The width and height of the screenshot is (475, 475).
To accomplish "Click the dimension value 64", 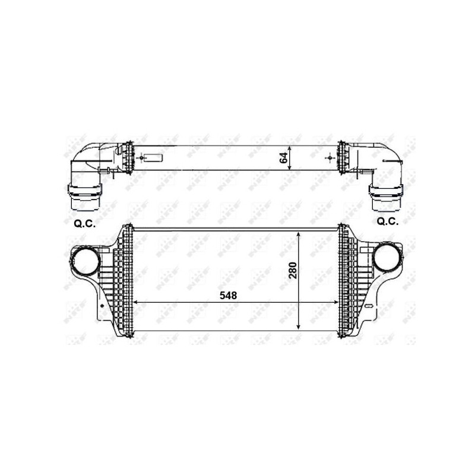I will (x=284, y=158).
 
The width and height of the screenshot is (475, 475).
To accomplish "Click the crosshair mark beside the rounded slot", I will (x=140, y=159).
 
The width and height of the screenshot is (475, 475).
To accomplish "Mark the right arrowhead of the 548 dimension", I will (x=337, y=302).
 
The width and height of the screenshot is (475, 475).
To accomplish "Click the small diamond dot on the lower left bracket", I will (x=103, y=306).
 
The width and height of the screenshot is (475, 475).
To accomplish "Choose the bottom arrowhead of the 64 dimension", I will (x=289, y=169).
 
